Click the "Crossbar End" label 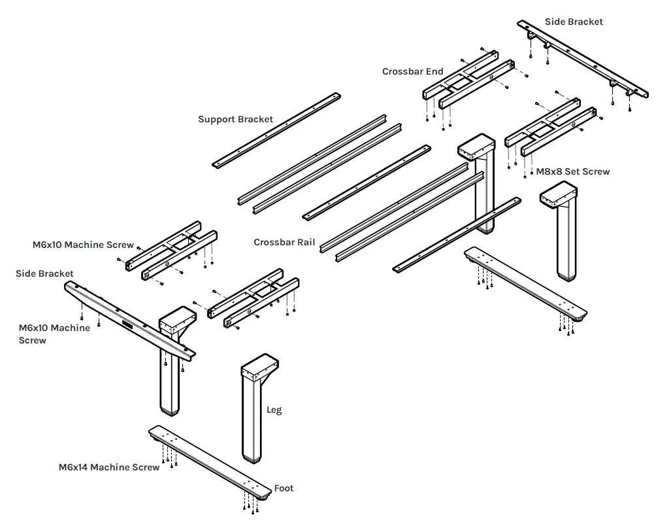click(x=412, y=72)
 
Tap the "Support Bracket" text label click(x=235, y=119)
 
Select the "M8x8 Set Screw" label click(x=572, y=171)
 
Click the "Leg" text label click(x=274, y=410)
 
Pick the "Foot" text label click(x=284, y=488)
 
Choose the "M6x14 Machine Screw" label click(x=108, y=467)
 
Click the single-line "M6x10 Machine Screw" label click(x=83, y=245)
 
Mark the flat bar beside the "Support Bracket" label click(x=278, y=130)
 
